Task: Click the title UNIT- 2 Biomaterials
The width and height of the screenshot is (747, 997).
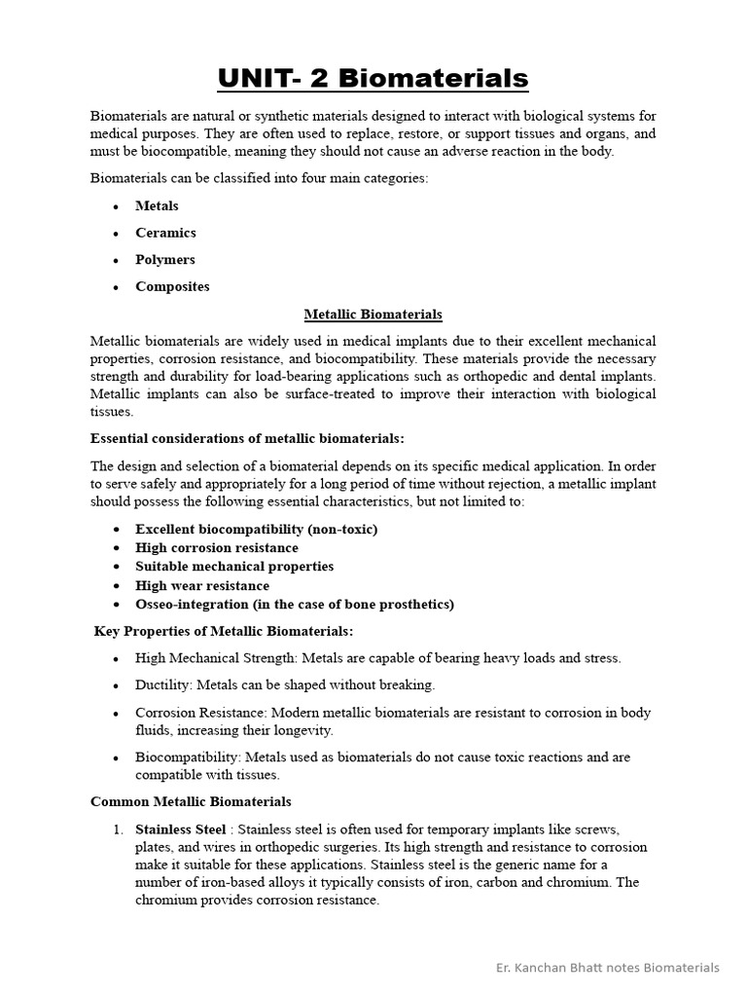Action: tap(373, 78)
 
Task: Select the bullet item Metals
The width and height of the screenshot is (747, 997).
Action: tap(157, 205)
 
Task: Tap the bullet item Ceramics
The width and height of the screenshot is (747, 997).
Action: tap(165, 233)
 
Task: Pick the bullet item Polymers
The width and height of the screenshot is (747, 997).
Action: tap(164, 260)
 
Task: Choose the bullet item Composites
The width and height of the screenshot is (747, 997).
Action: tap(172, 287)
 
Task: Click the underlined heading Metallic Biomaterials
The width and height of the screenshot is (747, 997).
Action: tap(373, 314)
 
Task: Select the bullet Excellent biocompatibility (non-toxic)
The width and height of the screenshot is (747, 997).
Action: tap(256, 529)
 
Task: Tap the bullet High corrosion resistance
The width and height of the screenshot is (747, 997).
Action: tap(217, 548)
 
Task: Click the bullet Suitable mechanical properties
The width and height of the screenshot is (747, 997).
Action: tap(234, 567)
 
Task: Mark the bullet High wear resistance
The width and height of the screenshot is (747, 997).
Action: tap(202, 586)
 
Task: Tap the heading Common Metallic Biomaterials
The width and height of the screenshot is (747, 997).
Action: tap(191, 802)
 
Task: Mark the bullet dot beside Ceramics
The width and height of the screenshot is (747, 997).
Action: tap(116, 234)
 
